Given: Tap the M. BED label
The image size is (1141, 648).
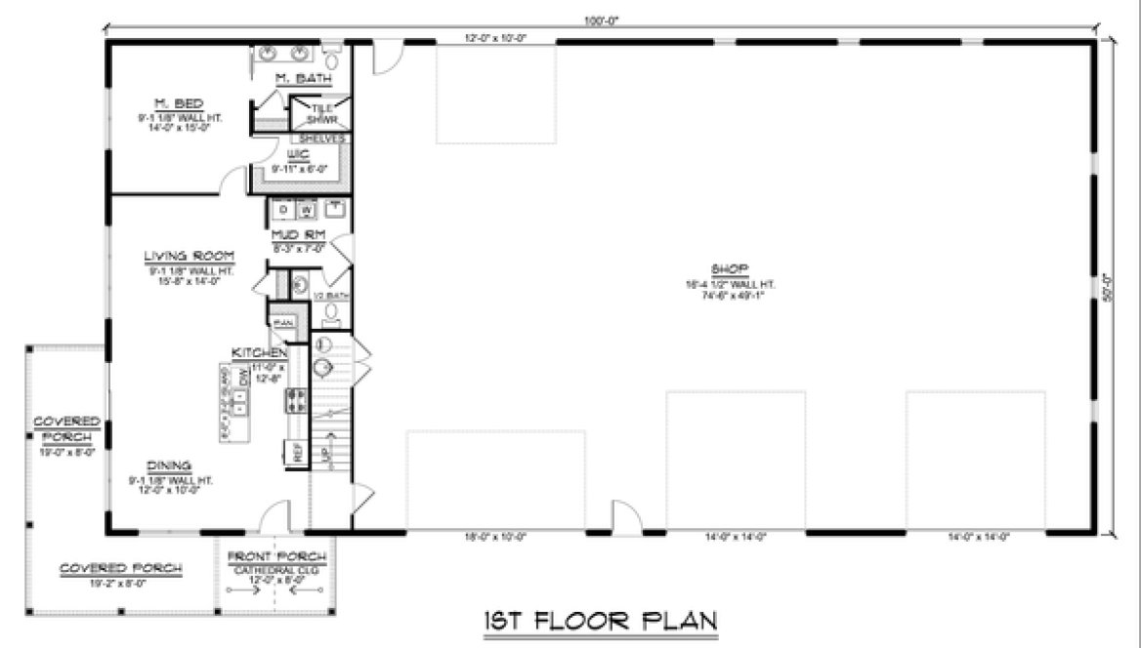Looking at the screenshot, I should click(178, 102).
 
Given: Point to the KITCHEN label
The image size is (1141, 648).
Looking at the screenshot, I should click(259, 352).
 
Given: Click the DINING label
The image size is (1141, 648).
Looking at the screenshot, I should click(170, 466).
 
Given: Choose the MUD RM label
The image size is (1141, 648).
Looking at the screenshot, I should click(297, 234).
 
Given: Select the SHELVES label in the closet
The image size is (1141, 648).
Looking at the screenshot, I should click(323, 139).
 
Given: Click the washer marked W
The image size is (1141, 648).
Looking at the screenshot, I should click(306, 209).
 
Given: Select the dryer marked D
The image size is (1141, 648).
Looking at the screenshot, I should click(282, 209).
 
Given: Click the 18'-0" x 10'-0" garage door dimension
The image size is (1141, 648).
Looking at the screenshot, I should click(495, 536).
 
